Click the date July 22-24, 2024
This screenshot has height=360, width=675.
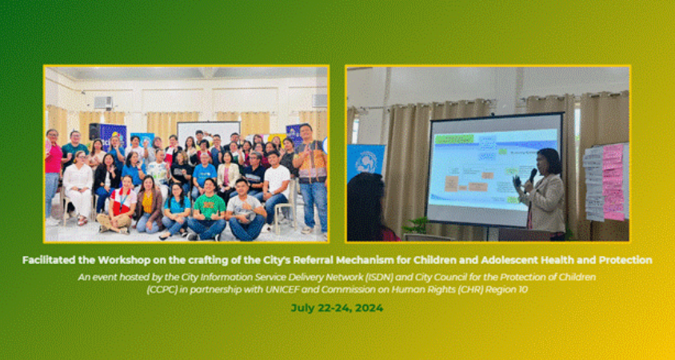[x=337, y=307]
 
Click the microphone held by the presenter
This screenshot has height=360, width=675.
[x=533, y=174]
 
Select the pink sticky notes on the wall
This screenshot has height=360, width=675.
[x=613, y=180]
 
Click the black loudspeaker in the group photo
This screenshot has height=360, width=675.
[x=94, y=131]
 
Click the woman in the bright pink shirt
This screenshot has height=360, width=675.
[x=53, y=160]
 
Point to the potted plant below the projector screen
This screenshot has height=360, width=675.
[x=416, y=226]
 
